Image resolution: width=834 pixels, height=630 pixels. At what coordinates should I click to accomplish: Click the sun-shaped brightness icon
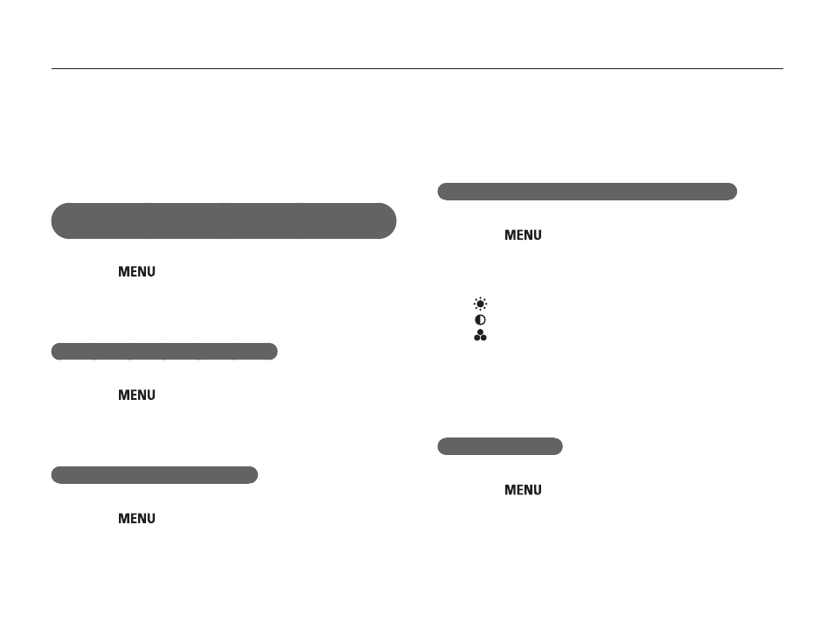click(480, 304)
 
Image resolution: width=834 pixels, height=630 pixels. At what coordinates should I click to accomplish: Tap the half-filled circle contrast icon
click(480, 319)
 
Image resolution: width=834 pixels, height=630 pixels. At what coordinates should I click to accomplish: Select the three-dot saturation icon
click(480, 335)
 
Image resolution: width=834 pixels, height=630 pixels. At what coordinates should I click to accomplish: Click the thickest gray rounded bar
click(224, 220)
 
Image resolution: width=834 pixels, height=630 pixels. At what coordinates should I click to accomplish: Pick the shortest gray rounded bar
click(500, 446)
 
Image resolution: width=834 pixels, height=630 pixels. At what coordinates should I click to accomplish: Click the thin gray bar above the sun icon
click(587, 192)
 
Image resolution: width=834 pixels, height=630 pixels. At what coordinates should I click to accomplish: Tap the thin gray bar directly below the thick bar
click(164, 352)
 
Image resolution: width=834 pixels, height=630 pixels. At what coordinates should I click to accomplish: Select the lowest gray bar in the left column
click(154, 475)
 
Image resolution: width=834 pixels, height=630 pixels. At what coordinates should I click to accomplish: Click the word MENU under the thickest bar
click(136, 271)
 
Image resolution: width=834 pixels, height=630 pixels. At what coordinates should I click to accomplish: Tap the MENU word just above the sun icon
click(523, 234)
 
